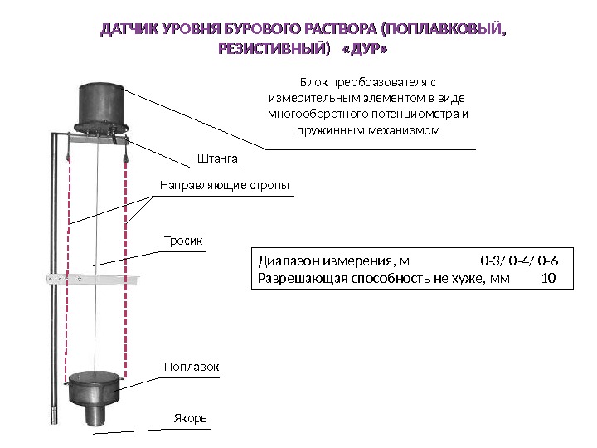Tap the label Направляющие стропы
click(224, 185)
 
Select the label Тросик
click(182, 240)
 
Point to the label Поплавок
click(187, 366)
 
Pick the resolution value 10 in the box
click(547, 278)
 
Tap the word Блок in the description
click(313, 82)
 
